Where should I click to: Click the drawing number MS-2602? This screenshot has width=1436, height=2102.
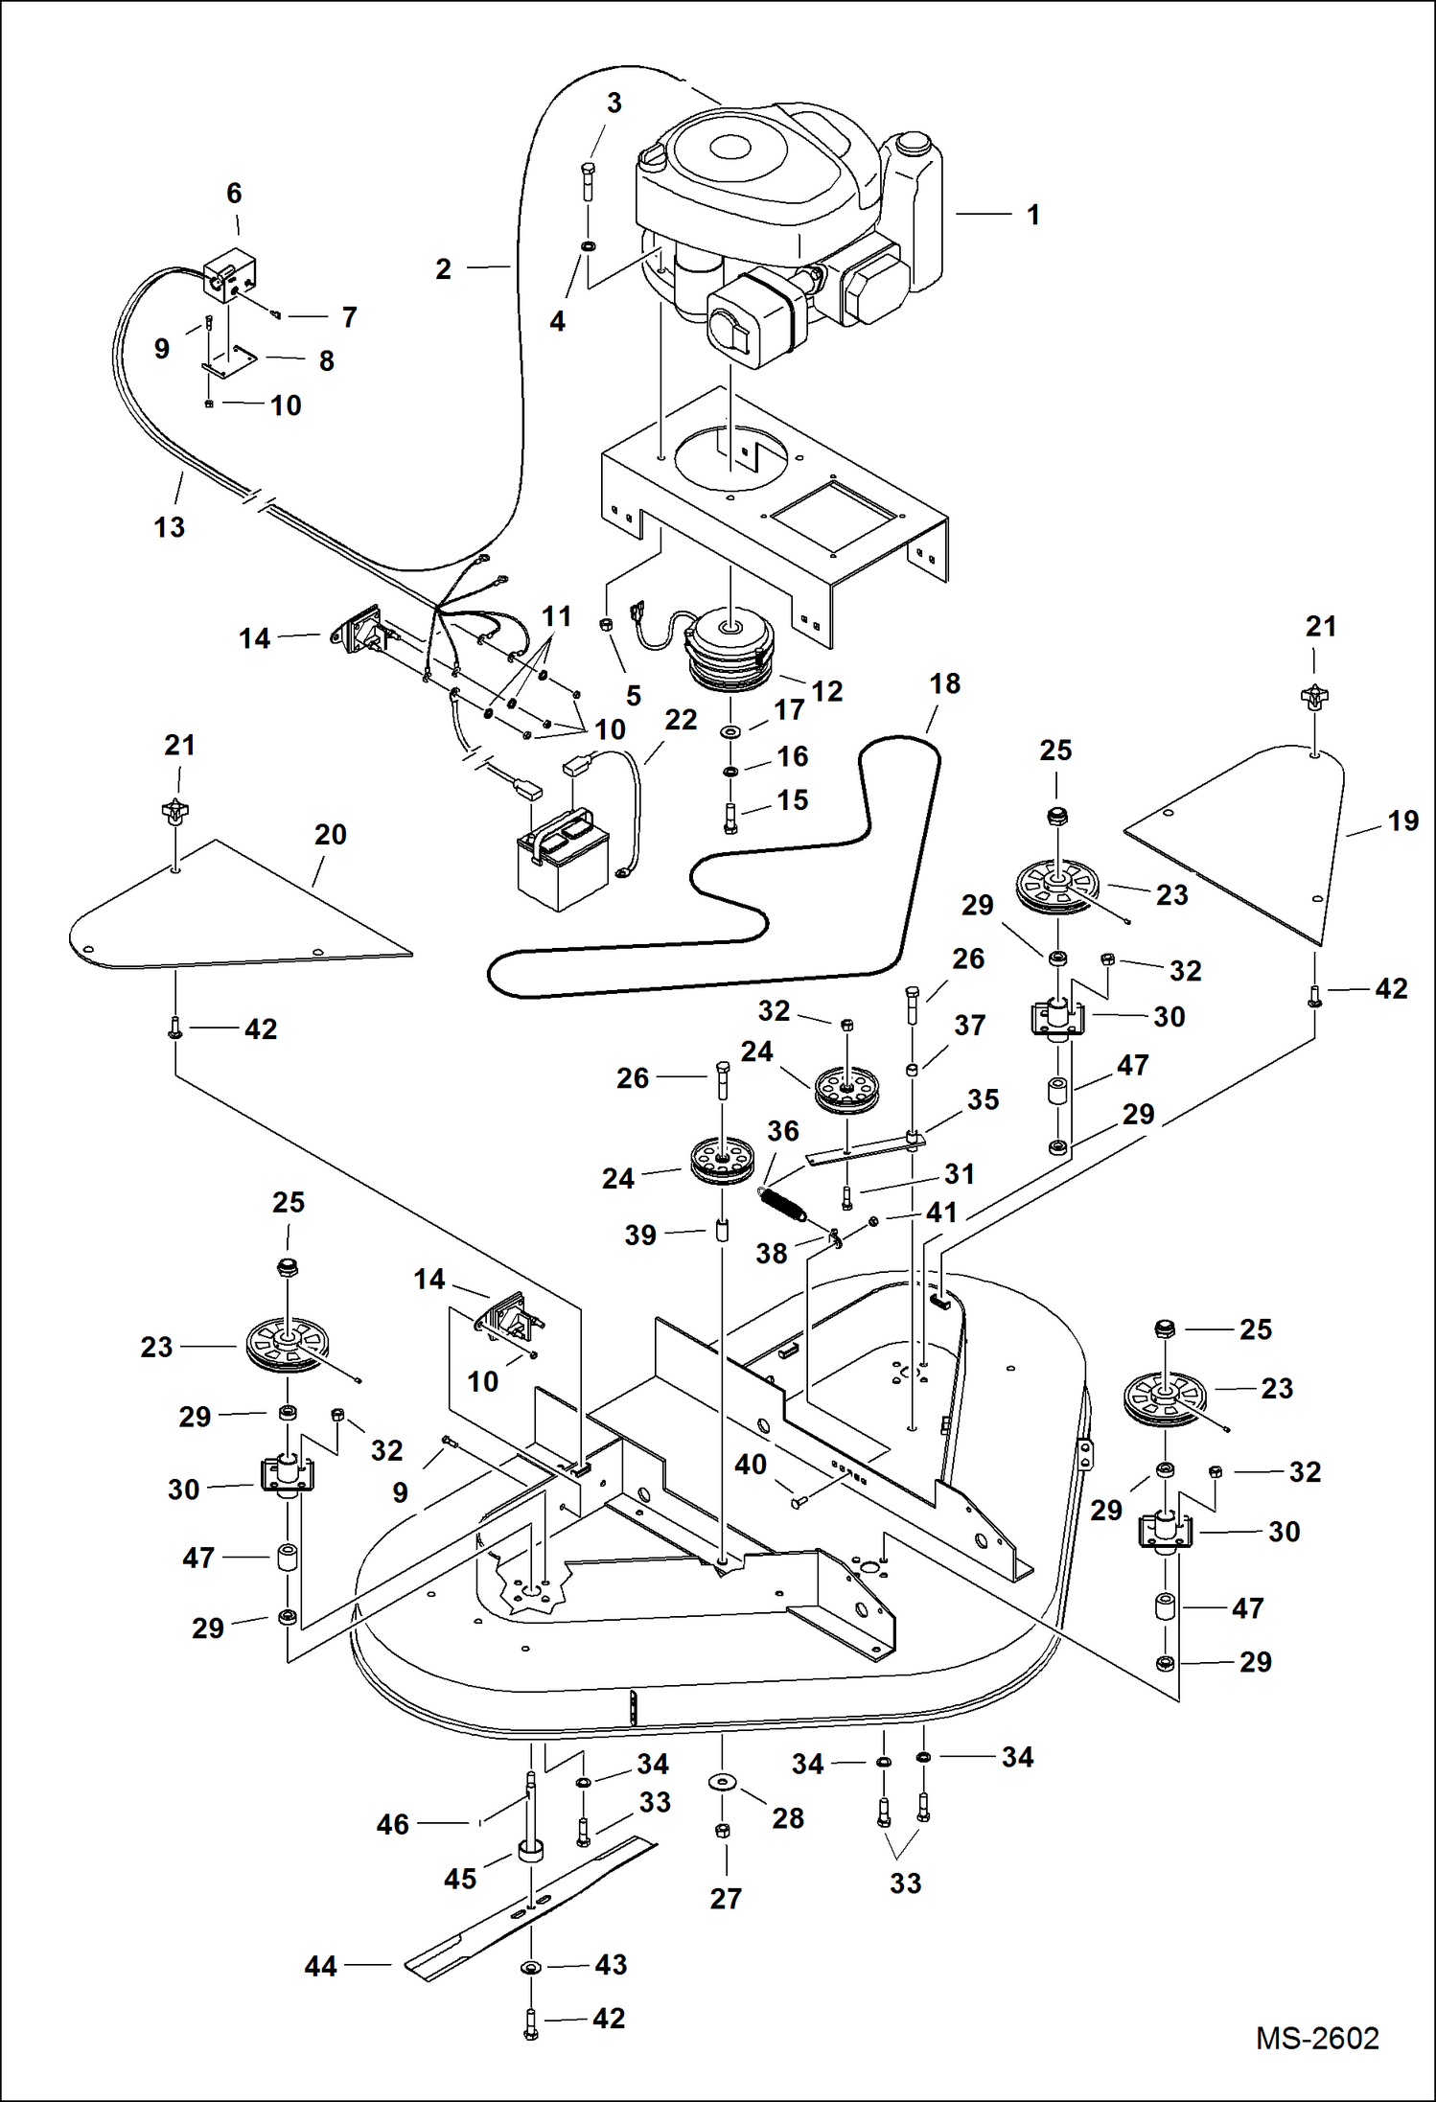point(1317,2039)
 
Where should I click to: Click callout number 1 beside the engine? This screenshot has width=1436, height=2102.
point(1032,215)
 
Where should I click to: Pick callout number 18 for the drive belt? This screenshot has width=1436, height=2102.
point(944,683)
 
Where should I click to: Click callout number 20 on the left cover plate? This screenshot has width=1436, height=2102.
point(330,835)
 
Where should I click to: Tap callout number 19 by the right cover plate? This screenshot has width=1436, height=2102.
point(1402,821)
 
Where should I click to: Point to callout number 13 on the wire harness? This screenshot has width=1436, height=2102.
point(169,527)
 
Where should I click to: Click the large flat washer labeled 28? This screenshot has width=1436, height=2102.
point(723,1781)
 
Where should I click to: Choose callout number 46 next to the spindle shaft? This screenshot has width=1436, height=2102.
point(392,1824)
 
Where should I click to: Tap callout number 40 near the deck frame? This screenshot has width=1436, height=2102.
point(751,1465)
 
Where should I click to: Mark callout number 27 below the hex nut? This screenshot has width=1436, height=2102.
point(726,1898)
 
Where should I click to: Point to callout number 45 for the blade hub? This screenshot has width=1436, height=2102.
point(459,1878)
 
